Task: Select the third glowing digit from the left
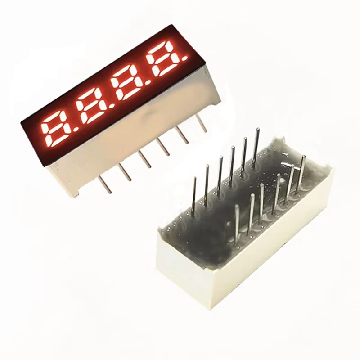coord(126,82)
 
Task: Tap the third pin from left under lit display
coord(146,159)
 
